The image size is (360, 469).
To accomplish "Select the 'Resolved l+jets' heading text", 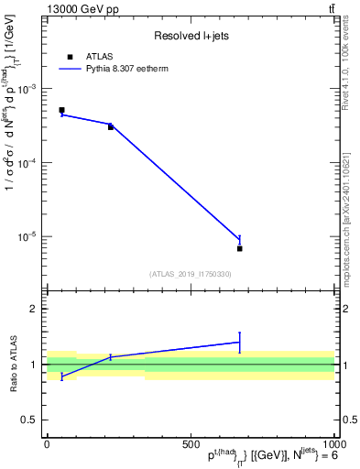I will pos(191,37).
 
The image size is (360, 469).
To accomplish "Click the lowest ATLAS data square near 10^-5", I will pos(239,248).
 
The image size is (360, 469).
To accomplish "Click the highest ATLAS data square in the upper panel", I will pos(61,110).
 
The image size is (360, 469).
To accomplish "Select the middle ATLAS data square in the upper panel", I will pos(110,126).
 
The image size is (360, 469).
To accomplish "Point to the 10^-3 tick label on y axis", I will pos(27,89).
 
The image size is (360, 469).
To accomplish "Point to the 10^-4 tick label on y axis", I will pos(27,163).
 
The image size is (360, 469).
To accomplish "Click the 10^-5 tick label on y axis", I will pos(27,236).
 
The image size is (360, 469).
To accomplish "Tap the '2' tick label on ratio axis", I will pos(34,309).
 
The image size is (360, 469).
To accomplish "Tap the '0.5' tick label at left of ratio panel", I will pos(30,420).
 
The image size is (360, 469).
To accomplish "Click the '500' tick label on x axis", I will pos(191,443).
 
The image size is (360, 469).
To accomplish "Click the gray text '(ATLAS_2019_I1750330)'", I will pos(191,274).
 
